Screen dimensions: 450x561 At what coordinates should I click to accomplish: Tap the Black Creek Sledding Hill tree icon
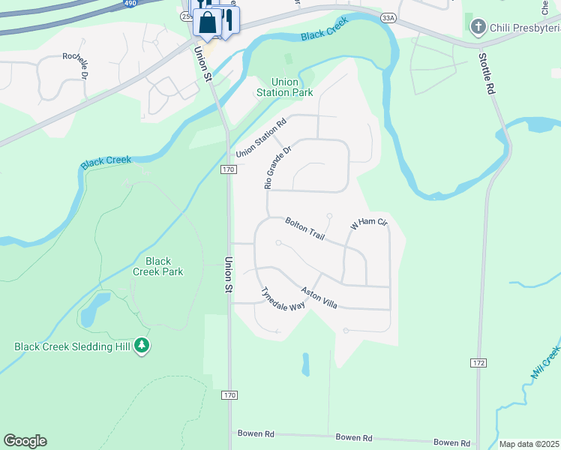[142, 346]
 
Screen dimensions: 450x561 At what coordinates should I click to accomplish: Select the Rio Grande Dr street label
[276, 167]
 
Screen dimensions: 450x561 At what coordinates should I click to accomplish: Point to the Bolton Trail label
[304, 228]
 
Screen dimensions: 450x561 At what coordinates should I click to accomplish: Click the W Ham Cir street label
[368, 223]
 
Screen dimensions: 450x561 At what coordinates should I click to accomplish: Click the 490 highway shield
[130, 4]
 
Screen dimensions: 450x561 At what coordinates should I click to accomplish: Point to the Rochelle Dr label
[76, 65]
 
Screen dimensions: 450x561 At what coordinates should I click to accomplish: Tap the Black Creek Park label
[157, 266]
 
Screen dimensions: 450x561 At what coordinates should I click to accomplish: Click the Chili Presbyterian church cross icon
[477, 28]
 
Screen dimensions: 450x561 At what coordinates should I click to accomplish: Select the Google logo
[25, 441]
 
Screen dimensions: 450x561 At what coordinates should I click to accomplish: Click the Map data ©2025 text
[529, 444]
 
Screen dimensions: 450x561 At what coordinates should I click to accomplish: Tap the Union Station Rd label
[261, 139]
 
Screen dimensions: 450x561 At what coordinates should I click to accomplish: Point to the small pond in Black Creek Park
[88, 313]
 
